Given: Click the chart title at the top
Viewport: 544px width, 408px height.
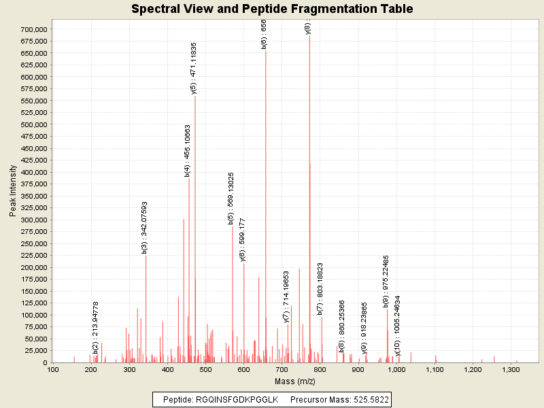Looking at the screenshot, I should tap(272, 9).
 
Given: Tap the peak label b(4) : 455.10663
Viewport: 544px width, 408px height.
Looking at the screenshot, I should tap(188, 150).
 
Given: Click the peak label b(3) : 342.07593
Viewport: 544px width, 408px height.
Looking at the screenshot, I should tap(144, 228).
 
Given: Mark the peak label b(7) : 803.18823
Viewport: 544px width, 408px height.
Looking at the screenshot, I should tap(320, 289).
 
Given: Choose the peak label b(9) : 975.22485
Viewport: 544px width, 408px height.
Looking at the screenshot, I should tap(386, 282).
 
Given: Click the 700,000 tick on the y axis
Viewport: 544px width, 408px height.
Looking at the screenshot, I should tap(33, 29).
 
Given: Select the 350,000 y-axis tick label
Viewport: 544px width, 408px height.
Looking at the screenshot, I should tap(33, 196).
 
